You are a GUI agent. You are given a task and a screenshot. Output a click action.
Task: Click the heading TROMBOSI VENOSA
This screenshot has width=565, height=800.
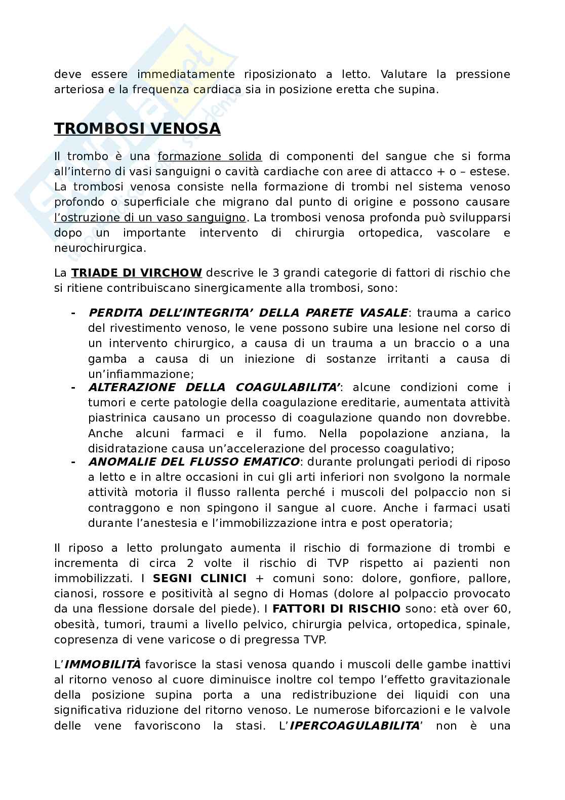(x=137, y=129)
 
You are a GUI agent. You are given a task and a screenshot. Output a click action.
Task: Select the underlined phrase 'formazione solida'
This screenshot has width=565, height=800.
(x=210, y=157)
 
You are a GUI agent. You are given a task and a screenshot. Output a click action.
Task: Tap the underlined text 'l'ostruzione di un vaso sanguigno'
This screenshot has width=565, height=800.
(x=150, y=218)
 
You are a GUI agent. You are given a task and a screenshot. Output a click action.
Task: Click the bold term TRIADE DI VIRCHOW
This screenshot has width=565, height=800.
(x=137, y=273)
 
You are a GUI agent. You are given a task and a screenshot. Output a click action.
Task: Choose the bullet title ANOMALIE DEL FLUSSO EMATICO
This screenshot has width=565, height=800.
(x=194, y=462)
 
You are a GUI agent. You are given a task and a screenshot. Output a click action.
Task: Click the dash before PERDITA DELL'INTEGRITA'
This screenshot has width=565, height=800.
(x=73, y=313)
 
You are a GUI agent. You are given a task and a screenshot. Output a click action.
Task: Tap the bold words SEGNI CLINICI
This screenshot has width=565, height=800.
(x=199, y=579)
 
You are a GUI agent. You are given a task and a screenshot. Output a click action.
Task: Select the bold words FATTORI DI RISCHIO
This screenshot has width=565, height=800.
(x=337, y=609)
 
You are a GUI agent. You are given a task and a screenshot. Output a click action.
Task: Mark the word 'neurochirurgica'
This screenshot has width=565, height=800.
(x=100, y=248)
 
